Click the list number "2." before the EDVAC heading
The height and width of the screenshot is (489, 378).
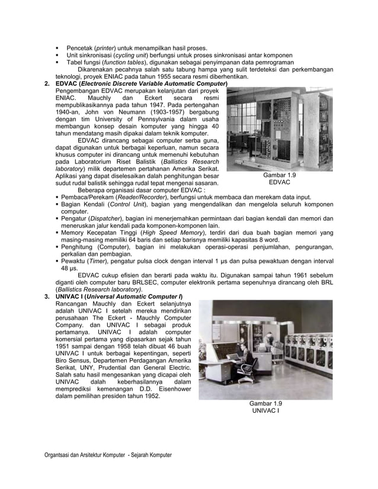click(x=47, y=84)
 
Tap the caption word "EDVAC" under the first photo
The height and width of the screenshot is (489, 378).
click(x=279, y=183)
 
